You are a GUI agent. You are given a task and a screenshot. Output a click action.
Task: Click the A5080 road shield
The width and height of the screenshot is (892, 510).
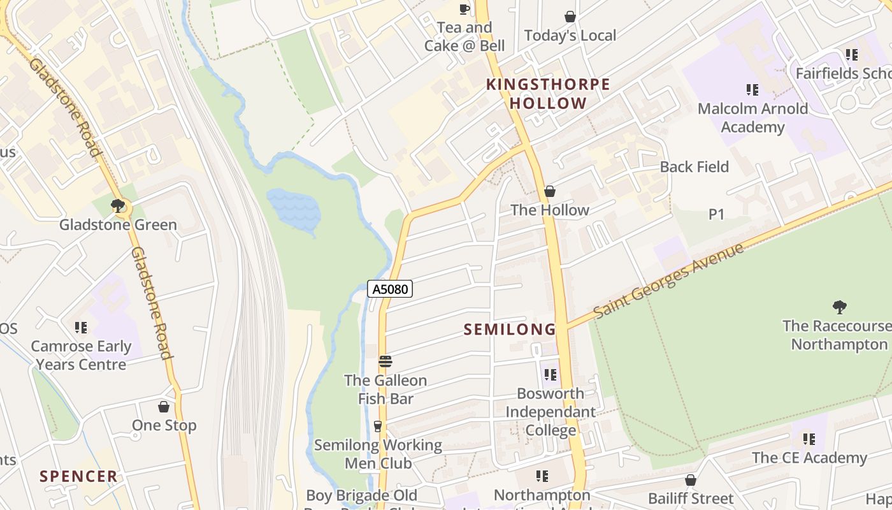390,289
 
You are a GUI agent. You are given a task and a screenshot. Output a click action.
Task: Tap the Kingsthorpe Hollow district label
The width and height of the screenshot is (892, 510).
548,94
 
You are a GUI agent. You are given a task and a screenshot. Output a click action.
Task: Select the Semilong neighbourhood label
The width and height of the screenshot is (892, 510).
510,330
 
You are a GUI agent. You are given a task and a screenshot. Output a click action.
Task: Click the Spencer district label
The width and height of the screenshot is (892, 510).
78,476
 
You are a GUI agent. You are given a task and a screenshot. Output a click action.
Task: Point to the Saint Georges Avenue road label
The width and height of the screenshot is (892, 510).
668,281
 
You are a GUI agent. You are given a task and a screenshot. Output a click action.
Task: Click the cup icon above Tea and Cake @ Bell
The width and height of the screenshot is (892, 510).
464,9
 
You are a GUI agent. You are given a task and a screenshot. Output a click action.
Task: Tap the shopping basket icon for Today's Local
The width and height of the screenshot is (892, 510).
570,17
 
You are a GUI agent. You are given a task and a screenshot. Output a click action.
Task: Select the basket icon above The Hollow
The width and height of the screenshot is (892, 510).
549,191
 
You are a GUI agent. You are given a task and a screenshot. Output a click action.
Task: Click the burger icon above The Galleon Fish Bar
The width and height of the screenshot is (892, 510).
385,361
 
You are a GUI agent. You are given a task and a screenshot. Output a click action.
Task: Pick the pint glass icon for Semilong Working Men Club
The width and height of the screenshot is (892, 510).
378,426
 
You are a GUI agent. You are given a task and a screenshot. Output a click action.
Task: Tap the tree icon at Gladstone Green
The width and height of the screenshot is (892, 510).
117,206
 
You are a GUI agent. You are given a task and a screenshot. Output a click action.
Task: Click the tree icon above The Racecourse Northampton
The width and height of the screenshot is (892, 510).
840,307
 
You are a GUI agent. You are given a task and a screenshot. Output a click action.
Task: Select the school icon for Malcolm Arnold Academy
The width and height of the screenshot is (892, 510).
752,90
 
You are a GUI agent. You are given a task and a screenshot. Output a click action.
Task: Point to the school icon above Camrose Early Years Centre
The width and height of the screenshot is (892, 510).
81,328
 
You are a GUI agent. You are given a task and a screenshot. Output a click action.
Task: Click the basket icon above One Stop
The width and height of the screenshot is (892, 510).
164,407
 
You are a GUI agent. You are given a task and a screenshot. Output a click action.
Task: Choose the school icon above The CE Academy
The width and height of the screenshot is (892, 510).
809,439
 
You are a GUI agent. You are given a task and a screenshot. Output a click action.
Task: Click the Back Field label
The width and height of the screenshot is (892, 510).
694,167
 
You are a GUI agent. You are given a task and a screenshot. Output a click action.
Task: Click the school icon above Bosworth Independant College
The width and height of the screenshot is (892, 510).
550,375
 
